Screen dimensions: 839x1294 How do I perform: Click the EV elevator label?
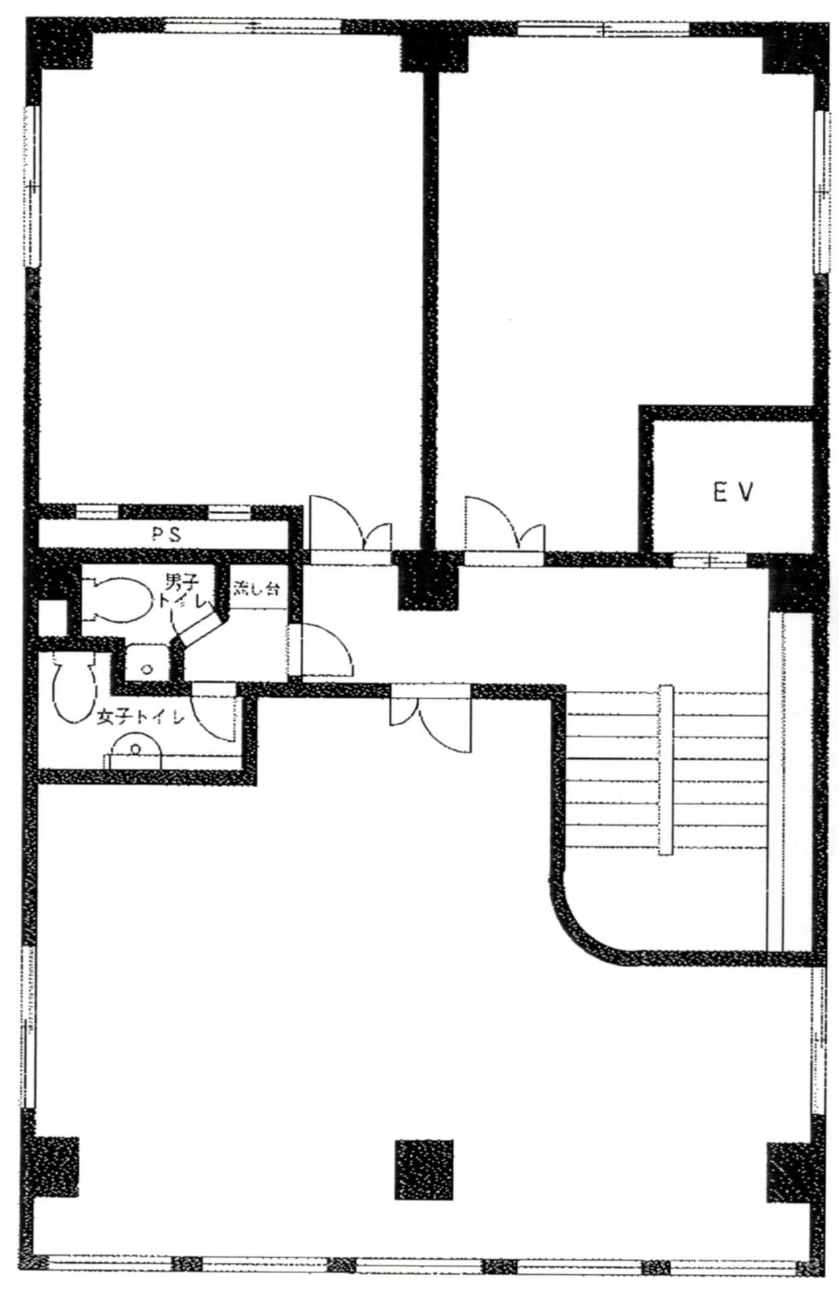pyautogui.click(x=733, y=492)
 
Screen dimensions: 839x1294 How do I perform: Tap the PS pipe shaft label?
pyautogui.click(x=166, y=535)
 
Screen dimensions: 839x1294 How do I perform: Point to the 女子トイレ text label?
pyautogui.click(x=140, y=717)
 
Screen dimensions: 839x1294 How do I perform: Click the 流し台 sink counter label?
pyautogui.click(x=256, y=588)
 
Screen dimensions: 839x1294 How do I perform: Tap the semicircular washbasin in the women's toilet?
pyautogui.click(x=136, y=751)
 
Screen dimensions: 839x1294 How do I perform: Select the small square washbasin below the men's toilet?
pyautogui.click(x=146, y=661)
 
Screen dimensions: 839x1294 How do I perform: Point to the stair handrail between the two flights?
pyautogui.click(x=666, y=770)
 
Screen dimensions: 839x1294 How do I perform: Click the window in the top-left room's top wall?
pyautogui.click(x=253, y=26)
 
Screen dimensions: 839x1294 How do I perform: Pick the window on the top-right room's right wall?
pyautogui.click(x=821, y=192)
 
